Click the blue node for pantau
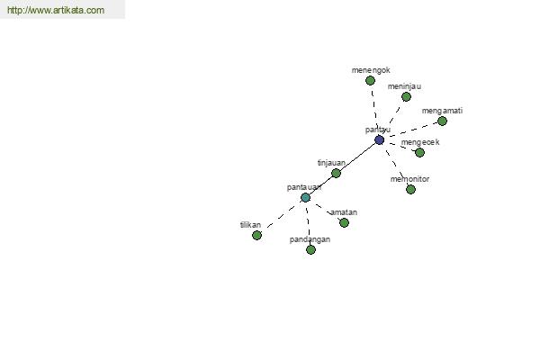pyautogui.click(x=379, y=139)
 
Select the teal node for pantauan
pyautogui.click(x=305, y=198)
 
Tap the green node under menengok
pyautogui.click(x=370, y=81)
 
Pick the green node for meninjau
pyautogui.click(x=407, y=97)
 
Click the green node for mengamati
pyautogui.click(x=442, y=121)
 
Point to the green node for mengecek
pyautogui.click(x=419, y=152)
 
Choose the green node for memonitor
pyautogui.click(x=410, y=189)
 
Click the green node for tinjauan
pyautogui.click(x=336, y=174)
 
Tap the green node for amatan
pyautogui.click(x=344, y=223)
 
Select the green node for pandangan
pyautogui.click(x=310, y=249)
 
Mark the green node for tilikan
pyautogui.click(x=256, y=235)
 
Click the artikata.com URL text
pyautogui.click(x=56, y=10)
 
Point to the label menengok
pyautogui.click(x=371, y=70)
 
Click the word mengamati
pyautogui.click(x=442, y=111)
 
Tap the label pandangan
pyautogui.click(x=310, y=239)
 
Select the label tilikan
pyautogui.click(x=250, y=225)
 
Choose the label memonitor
pyautogui.click(x=409, y=179)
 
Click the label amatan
pyautogui.click(x=344, y=212)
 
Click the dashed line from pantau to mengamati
pyautogui.click(x=413, y=130)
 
